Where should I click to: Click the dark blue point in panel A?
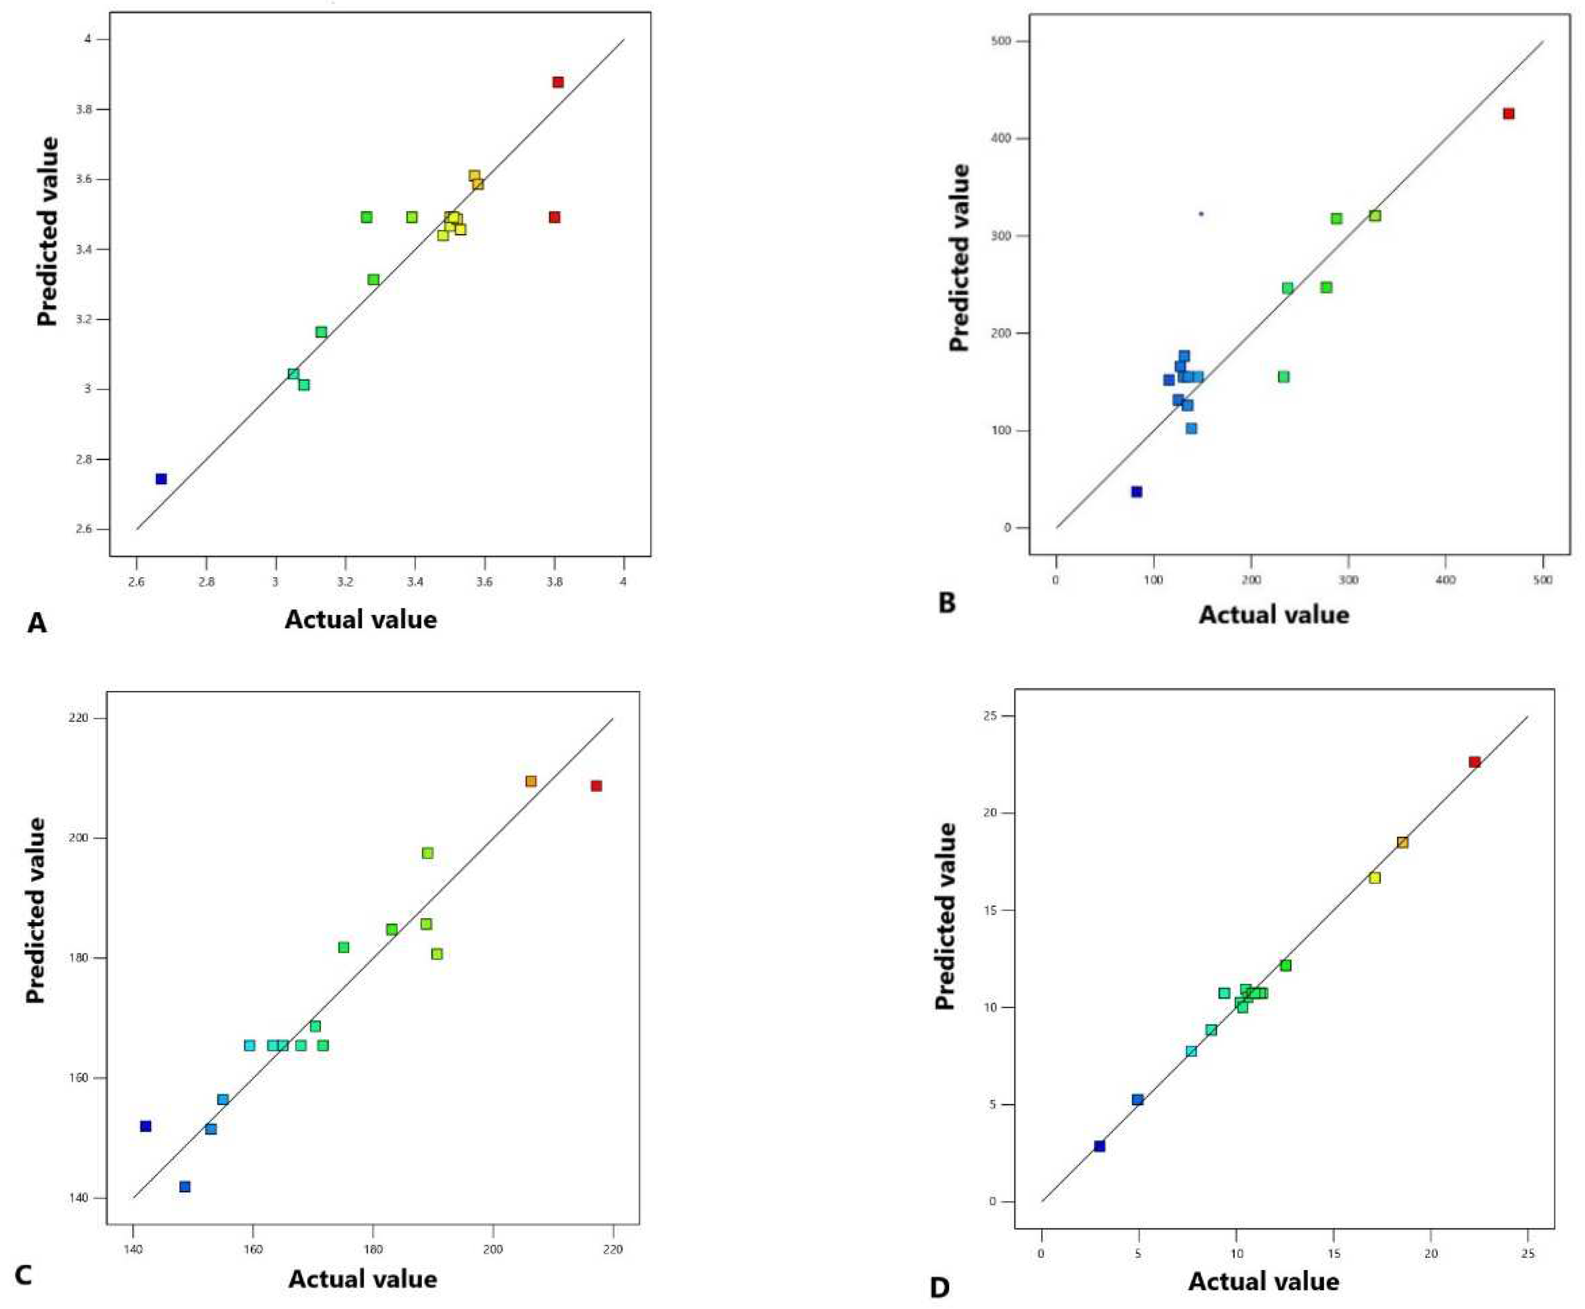[161, 479]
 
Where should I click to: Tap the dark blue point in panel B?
[1136, 492]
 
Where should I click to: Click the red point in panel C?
[596, 785]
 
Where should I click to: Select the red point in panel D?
[1474, 762]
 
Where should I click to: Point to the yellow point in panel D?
[1375, 877]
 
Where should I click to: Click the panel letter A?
[36, 623]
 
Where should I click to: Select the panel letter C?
[22, 1276]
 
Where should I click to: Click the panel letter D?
[940, 1288]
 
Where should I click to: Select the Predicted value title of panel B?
[959, 257]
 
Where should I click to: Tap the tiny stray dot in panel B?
[1201, 214]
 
